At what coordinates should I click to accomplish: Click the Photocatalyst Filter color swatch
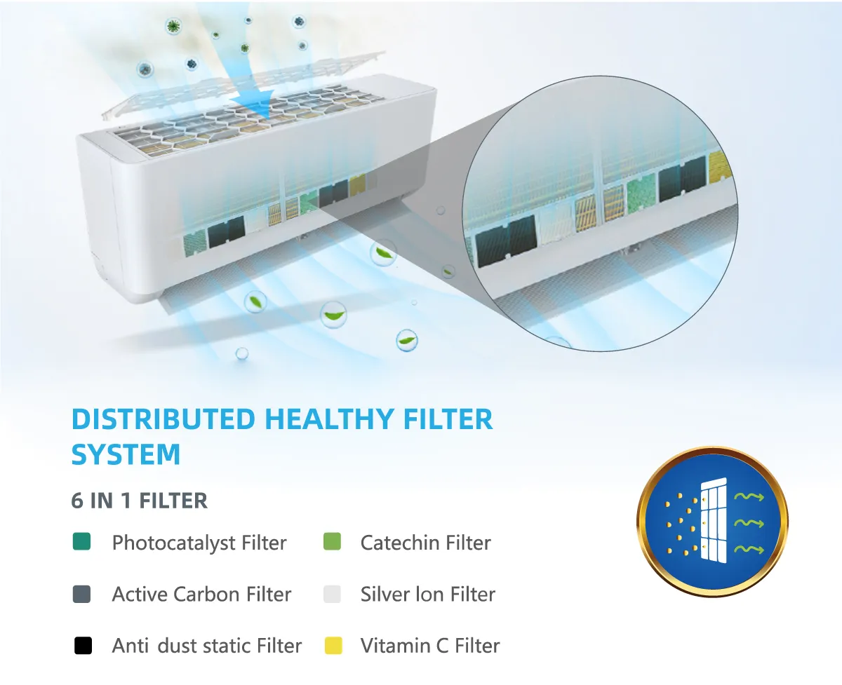click(82, 541)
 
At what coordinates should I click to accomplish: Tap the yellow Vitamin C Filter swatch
click(333, 646)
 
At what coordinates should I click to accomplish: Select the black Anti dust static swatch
click(83, 646)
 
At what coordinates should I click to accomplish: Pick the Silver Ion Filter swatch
click(332, 594)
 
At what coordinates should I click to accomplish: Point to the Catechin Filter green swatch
click(332, 541)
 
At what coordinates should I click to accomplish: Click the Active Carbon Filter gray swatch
click(82, 594)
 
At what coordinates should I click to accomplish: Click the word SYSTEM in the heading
click(126, 454)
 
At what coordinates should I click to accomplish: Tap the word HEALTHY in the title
click(329, 419)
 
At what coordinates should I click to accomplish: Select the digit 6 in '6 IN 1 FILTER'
click(77, 501)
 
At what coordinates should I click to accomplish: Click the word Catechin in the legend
click(400, 543)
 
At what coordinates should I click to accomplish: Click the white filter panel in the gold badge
click(714, 520)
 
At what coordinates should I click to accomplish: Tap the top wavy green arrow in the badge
click(749, 496)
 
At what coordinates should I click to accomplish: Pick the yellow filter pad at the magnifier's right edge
click(719, 167)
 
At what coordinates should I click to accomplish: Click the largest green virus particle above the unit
click(173, 27)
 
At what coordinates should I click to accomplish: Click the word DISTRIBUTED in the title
click(163, 419)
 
